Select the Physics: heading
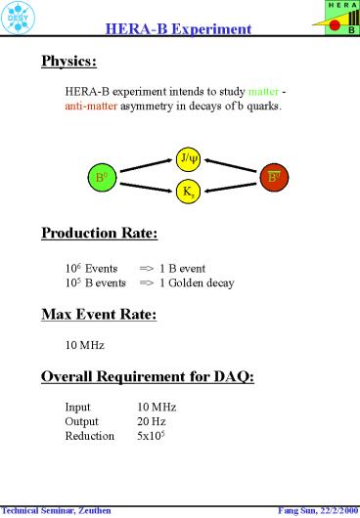(68, 63)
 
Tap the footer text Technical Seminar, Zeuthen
(57, 510)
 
